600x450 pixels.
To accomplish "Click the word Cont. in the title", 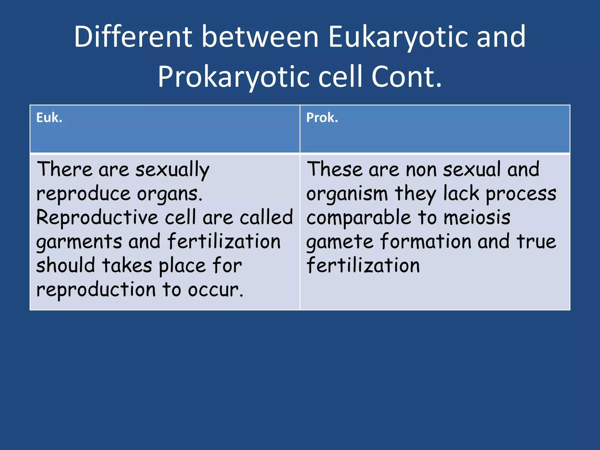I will [407, 77].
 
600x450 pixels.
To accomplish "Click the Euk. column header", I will [49, 118].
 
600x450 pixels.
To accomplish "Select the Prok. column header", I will [322, 118].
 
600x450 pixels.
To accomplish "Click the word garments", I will [79, 242].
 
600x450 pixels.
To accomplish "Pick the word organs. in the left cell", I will [170, 194].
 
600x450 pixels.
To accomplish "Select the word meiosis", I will [477, 218].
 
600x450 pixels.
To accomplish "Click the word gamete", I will [340, 242].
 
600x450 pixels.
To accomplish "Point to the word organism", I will [347, 194].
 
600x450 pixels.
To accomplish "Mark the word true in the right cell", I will [536, 241].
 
